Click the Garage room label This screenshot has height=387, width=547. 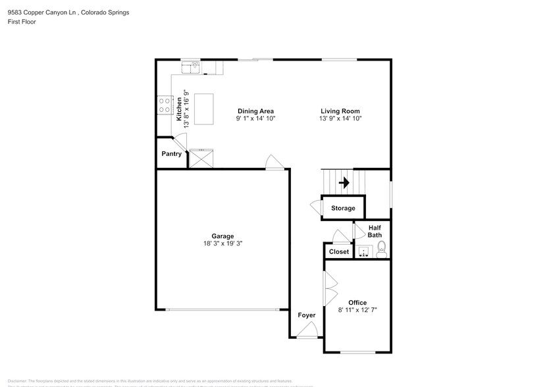pos(222,236)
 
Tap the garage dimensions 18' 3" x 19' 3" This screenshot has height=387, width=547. pos(222,244)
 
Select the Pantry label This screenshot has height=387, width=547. pos(171,154)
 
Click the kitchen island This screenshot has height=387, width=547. pos(204,109)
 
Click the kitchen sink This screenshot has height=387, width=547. pos(192,66)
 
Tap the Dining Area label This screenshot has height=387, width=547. pos(255,111)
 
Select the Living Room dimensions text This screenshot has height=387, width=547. pos(340,118)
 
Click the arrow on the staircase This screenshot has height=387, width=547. pos(343,182)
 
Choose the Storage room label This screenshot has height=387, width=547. pos(343,208)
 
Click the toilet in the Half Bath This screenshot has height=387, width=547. pos(381,249)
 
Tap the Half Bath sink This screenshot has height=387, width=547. pos(363,251)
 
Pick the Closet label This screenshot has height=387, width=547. pos(339,251)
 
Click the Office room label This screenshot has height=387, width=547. pos(357,303)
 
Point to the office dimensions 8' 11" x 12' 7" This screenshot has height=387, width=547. pos(357,310)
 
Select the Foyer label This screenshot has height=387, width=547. pos(307,315)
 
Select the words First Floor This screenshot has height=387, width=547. pos(22,22)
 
